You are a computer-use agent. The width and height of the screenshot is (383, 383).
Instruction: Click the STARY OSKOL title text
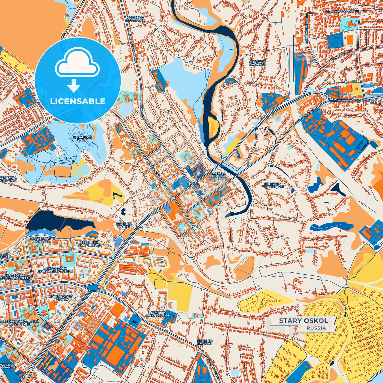[303, 321]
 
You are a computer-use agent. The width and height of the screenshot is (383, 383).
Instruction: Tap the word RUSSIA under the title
[316, 328]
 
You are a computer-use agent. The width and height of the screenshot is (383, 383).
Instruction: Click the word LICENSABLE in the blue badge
[78, 101]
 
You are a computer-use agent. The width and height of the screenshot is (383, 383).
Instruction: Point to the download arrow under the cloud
[74, 86]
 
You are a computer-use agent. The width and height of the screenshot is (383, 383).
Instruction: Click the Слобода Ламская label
[257, 63]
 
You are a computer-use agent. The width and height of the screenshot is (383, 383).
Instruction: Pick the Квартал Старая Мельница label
[218, 176]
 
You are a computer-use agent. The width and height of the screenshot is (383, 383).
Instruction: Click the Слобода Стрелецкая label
[272, 185]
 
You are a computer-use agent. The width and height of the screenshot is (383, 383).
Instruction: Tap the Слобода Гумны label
[123, 225]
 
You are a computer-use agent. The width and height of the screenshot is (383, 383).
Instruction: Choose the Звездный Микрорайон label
[90, 244]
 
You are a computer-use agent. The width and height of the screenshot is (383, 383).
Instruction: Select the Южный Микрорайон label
[158, 314]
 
